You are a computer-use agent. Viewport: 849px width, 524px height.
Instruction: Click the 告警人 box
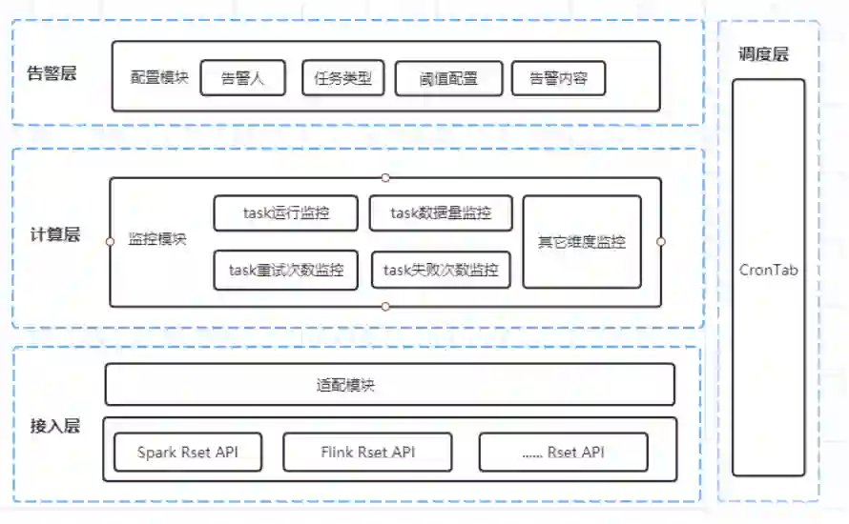coord(241,78)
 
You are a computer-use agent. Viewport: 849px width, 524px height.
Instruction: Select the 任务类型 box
coord(343,78)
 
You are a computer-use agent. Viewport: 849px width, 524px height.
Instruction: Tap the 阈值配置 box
coord(447,79)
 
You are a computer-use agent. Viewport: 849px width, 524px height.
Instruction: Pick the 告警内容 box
coord(558,78)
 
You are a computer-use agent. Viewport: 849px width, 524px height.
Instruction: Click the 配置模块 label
coord(159,77)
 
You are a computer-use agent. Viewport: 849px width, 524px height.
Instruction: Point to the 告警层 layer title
coord(53,73)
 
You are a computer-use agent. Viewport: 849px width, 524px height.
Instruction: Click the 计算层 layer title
coord(54,234)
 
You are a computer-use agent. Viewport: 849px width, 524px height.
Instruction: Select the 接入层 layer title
coord(54,426)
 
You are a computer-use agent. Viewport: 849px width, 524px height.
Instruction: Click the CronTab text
coord(769,270)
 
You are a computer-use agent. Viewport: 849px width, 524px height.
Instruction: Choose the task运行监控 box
coord(286,213)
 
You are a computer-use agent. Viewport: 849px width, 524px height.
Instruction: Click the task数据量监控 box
coord(441,213)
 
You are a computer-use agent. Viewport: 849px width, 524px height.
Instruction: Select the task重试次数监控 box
coord(286,271)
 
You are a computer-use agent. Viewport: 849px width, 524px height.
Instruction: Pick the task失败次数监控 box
coord(441,271)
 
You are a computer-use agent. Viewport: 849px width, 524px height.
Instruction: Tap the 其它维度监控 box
coord(582,242)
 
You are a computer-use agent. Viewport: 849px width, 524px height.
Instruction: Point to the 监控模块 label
coord(157,239)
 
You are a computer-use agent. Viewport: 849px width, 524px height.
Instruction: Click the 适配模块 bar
coord(389,385)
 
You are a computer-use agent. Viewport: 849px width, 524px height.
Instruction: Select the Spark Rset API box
coord(187,452)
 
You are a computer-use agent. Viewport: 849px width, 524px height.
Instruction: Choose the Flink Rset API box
coord(367,452)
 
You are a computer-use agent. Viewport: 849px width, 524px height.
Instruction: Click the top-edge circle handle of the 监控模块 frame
coord(385,177)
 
